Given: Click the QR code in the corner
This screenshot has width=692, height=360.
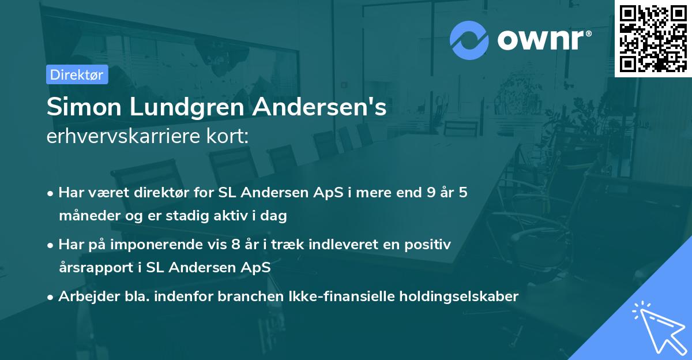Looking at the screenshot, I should pyautogui.click(x=653, y=37).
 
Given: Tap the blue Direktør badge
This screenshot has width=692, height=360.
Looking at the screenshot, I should pyautogui.click(x=77, y=74).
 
